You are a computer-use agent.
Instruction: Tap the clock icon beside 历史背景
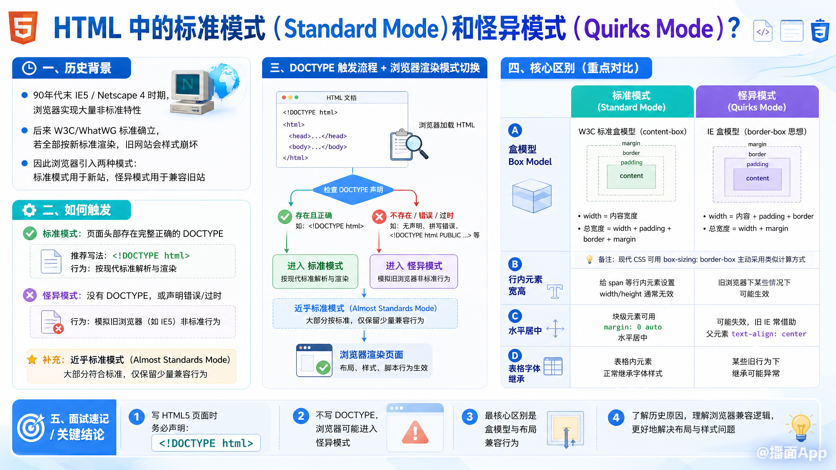coord(29,68)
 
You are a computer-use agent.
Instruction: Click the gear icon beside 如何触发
coord(29,210)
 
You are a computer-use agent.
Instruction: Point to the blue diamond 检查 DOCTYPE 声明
coord(353,190)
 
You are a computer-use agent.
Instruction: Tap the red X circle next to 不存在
coord(379,217)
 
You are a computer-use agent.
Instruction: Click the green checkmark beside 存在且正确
coord(285,217)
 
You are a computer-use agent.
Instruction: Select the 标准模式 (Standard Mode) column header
coord(632,101)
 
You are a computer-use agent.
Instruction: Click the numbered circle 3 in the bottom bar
coord(470,417)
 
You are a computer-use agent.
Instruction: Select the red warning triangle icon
coord(415,432)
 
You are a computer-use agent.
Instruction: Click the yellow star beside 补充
coord(32,360)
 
